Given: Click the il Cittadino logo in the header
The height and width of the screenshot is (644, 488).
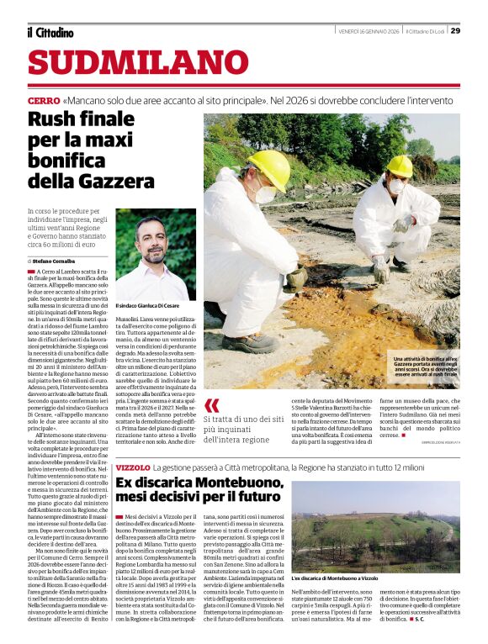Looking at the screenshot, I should point(50,33).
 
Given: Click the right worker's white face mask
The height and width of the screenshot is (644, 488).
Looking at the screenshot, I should point(395,186).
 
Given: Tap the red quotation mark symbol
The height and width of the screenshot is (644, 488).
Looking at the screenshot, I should point(211,406).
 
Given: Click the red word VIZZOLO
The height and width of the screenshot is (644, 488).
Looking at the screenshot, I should point(133,466).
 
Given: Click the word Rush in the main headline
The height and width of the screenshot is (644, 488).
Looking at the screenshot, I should point(57,119).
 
